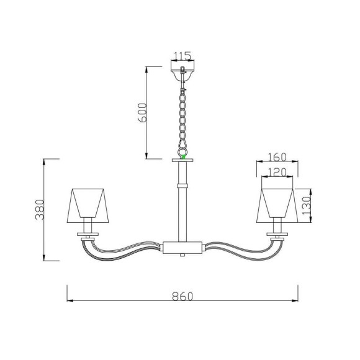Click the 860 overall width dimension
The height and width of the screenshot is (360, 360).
coord(180,297)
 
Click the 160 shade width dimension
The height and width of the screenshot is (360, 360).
coord(277,157)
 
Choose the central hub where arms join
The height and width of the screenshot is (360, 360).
coord(182,246)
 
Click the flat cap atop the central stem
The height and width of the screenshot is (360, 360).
coord(182,161)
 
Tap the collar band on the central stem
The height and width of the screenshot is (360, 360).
coord(182,185)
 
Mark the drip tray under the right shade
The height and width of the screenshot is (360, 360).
coord(277,235)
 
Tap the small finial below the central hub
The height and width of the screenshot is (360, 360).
coord(182,254)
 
